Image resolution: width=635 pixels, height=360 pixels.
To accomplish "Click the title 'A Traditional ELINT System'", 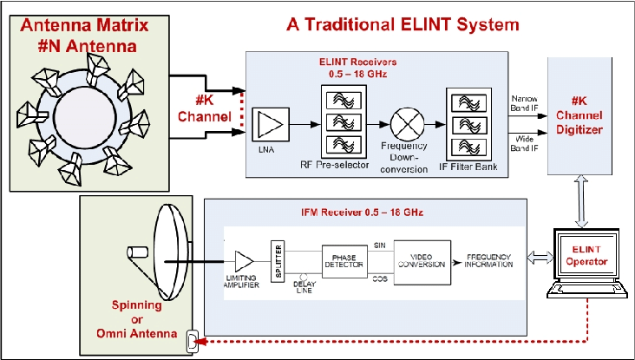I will [x=403, y=24].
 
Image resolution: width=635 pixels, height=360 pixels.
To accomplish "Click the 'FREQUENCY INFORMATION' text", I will [x=494, y=262].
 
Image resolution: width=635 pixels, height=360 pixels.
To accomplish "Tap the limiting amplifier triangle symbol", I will [x=245, y=259].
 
